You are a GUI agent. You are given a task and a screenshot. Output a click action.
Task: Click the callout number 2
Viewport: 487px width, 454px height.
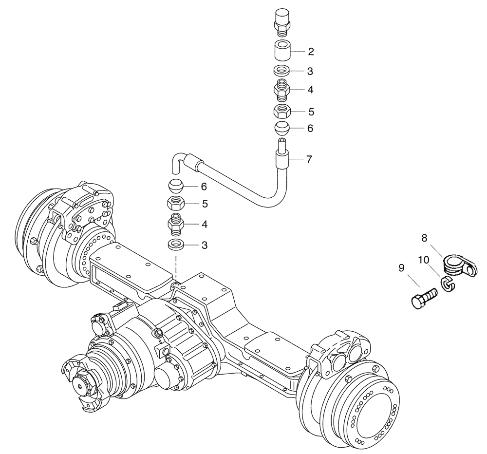310,51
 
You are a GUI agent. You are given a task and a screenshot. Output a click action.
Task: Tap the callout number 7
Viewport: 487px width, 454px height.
310,159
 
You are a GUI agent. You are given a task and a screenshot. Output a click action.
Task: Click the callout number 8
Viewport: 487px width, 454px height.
425,238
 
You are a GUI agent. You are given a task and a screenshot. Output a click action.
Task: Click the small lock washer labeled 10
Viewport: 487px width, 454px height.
447,283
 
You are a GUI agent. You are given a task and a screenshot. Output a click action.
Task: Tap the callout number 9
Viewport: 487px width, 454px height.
401,267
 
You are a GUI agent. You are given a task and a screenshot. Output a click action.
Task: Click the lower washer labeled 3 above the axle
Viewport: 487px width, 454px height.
176,245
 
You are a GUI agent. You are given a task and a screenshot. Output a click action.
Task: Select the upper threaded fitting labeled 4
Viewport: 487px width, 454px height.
281,90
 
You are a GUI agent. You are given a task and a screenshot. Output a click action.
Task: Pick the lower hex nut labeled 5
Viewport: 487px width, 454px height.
176,204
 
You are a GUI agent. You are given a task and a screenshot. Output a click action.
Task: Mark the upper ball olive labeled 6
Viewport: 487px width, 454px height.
281,129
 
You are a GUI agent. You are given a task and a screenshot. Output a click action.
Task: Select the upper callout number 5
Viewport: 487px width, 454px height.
310,112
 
